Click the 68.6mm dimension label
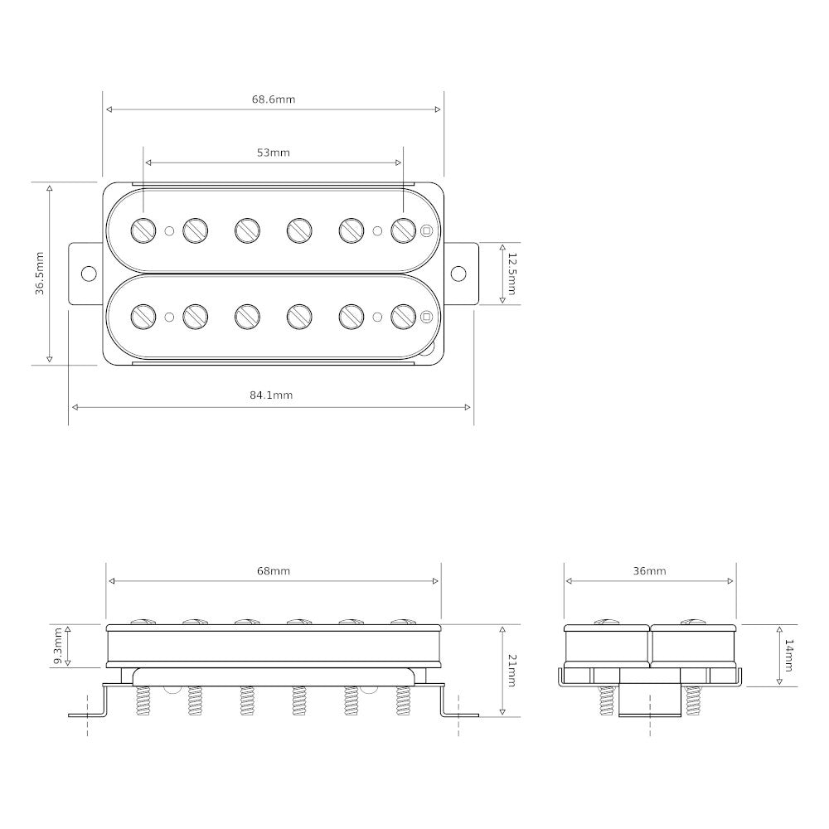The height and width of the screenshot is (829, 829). point(274,99)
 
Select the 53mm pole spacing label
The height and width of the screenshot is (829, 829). point(274,153)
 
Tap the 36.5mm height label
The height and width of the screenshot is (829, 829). point(39,273)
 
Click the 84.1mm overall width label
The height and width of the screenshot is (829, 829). point(271,395)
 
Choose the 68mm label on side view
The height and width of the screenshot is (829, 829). point(274,571)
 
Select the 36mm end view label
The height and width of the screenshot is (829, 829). point(649,571)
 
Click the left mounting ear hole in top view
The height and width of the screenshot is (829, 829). point(87,273)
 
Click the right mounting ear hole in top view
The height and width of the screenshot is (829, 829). point(458,273)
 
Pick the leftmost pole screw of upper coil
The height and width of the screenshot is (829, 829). point(143,230)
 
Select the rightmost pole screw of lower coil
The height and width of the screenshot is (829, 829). point(403,316)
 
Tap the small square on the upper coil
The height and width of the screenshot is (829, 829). point(427,230)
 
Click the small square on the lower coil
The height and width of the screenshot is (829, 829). point(427,316)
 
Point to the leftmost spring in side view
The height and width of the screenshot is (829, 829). point(143,702)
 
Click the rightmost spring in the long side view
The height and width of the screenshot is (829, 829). point(404,702)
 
